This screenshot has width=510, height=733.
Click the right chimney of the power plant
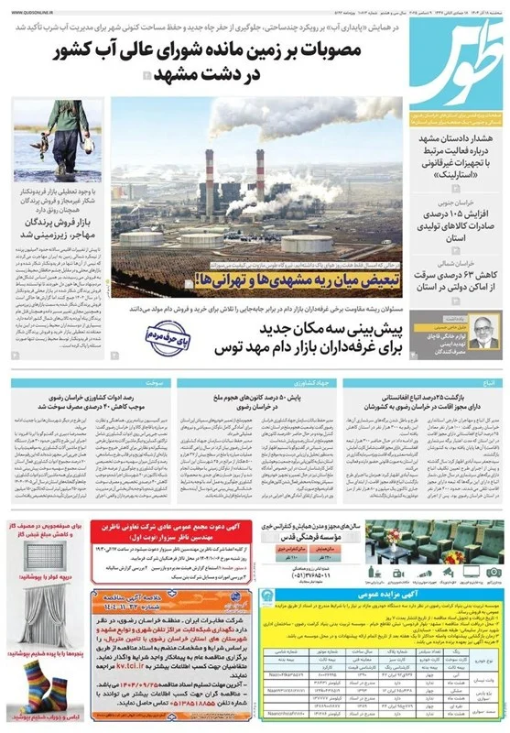point(260,179)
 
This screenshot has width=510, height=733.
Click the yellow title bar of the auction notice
point(381,595)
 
